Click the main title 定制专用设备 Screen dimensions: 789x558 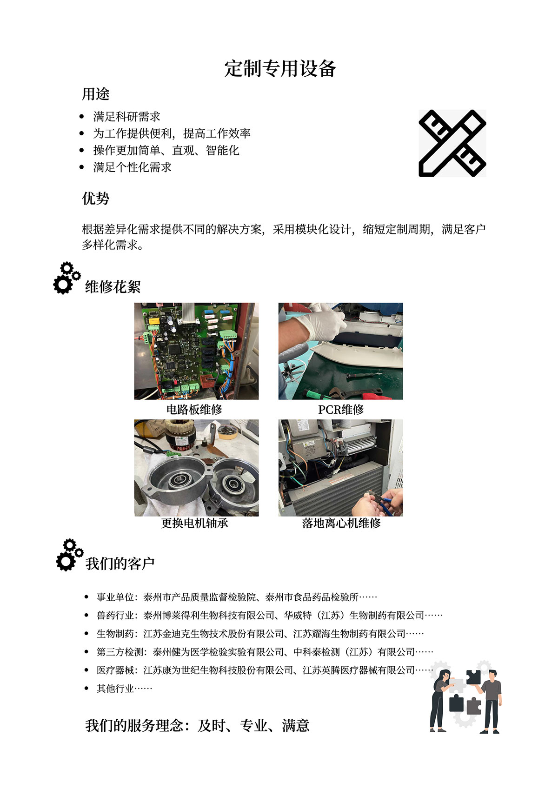(280, 68)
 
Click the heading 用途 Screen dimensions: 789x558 (96, 94)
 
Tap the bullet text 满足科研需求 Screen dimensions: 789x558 (126, 116)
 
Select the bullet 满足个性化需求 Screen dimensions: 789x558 (132, 167)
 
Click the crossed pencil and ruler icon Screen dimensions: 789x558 (452, 143)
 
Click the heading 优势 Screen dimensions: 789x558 (96, 199)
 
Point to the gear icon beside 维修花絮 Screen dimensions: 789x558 (66, 278)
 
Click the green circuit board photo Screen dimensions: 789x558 (196, 351)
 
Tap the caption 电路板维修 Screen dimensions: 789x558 (194, 410)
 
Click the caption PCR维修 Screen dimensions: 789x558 (341, 410)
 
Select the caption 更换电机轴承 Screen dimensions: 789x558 (194, 523)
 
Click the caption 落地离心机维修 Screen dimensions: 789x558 (341, 523)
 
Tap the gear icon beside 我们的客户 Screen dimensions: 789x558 (68, 555)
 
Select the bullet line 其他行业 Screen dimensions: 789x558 (124, 689)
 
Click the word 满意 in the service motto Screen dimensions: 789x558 (296, 726)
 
